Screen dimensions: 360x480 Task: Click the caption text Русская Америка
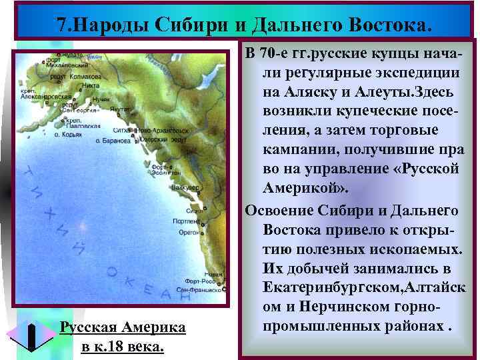(x=122, y=328)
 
